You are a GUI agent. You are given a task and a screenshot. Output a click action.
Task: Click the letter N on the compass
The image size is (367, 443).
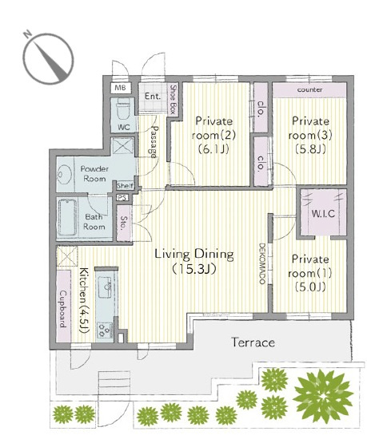tap(27, 35)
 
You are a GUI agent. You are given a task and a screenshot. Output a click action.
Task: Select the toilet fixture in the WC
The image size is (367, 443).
tap(123, 109)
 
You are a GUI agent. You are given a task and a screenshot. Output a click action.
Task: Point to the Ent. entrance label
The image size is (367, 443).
tap(153, 97)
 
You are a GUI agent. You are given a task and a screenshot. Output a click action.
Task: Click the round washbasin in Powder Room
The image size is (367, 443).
tap(64, 174)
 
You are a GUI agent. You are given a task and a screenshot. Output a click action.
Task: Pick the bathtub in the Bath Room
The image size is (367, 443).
tap(67, 217)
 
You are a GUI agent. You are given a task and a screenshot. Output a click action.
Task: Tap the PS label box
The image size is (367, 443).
tap(122, 197)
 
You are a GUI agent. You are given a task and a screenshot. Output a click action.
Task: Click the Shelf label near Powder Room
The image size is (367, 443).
tap(125, 186)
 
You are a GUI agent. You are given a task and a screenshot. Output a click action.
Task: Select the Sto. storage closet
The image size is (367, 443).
tap(124, 223)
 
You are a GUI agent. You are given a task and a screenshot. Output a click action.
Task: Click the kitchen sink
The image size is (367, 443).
tap(105, 287)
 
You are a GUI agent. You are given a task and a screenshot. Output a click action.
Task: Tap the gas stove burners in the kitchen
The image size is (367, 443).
tap(105, 330)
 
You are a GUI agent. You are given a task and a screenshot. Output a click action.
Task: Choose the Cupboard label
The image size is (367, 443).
tap(63, 309)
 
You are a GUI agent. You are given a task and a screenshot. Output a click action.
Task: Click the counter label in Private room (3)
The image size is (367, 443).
tap(309, 89)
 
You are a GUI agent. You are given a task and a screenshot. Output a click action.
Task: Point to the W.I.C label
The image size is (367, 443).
tap(323, 213)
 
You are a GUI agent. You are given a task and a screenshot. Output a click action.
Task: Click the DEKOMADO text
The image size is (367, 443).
tap(261, 263)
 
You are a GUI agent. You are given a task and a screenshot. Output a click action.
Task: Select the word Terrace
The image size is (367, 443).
tap(253, 342)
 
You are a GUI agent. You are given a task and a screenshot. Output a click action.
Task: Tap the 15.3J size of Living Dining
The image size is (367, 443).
tap(194, 269)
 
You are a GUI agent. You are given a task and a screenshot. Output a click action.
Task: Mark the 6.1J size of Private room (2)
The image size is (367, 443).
tap(213, 149)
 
